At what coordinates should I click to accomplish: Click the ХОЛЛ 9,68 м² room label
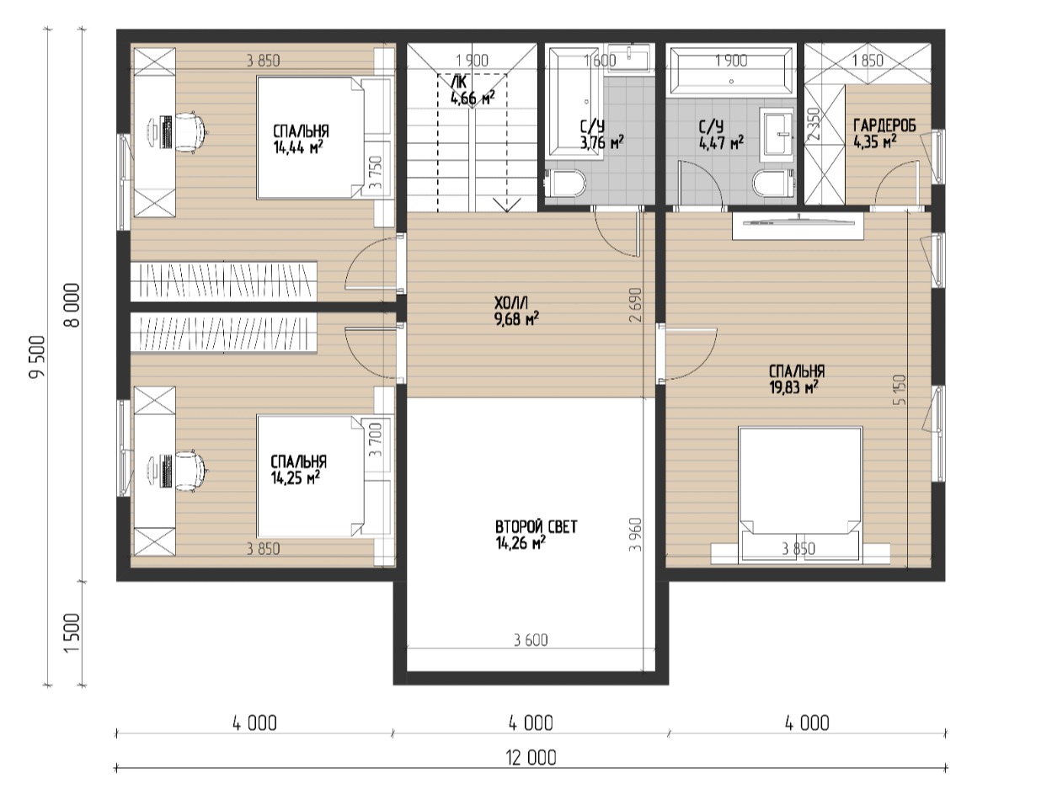pyautogui.click(x=516, y=311)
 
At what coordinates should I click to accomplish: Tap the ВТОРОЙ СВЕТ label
pyautogui.click(x=536, y=527)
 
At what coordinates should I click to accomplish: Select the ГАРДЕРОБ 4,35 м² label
pyautogui.click(x=884, y=134)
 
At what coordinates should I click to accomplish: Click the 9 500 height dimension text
pyautogui.click(x=37, y=356)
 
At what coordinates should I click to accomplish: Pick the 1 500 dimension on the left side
pyautogui.click(x=72, y=632)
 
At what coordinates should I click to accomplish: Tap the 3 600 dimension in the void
pyautogui.click(x=531, y=640)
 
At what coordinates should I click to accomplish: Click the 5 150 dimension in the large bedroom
pyautogui.click(x=900, y=390)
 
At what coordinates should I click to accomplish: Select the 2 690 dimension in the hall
pyautogui.click(x=635, y=305)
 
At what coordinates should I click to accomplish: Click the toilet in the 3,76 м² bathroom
pyautogui.click(x=565, y=184)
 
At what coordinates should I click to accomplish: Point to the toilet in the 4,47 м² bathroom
pyautogui.click(x=772, y=184)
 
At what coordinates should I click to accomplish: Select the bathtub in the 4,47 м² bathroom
pyautogui.click(x=731, y=71)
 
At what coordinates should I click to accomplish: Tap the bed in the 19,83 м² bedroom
pyautogui.click(x=800, y=495)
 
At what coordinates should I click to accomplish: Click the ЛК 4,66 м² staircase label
pyautogui.click(x=472, y=91)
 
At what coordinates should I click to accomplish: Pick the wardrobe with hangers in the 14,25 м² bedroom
pyautogui.click(x=224, y=333)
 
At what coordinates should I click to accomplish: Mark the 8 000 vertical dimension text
pyautogui.click(x=72, y=305)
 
